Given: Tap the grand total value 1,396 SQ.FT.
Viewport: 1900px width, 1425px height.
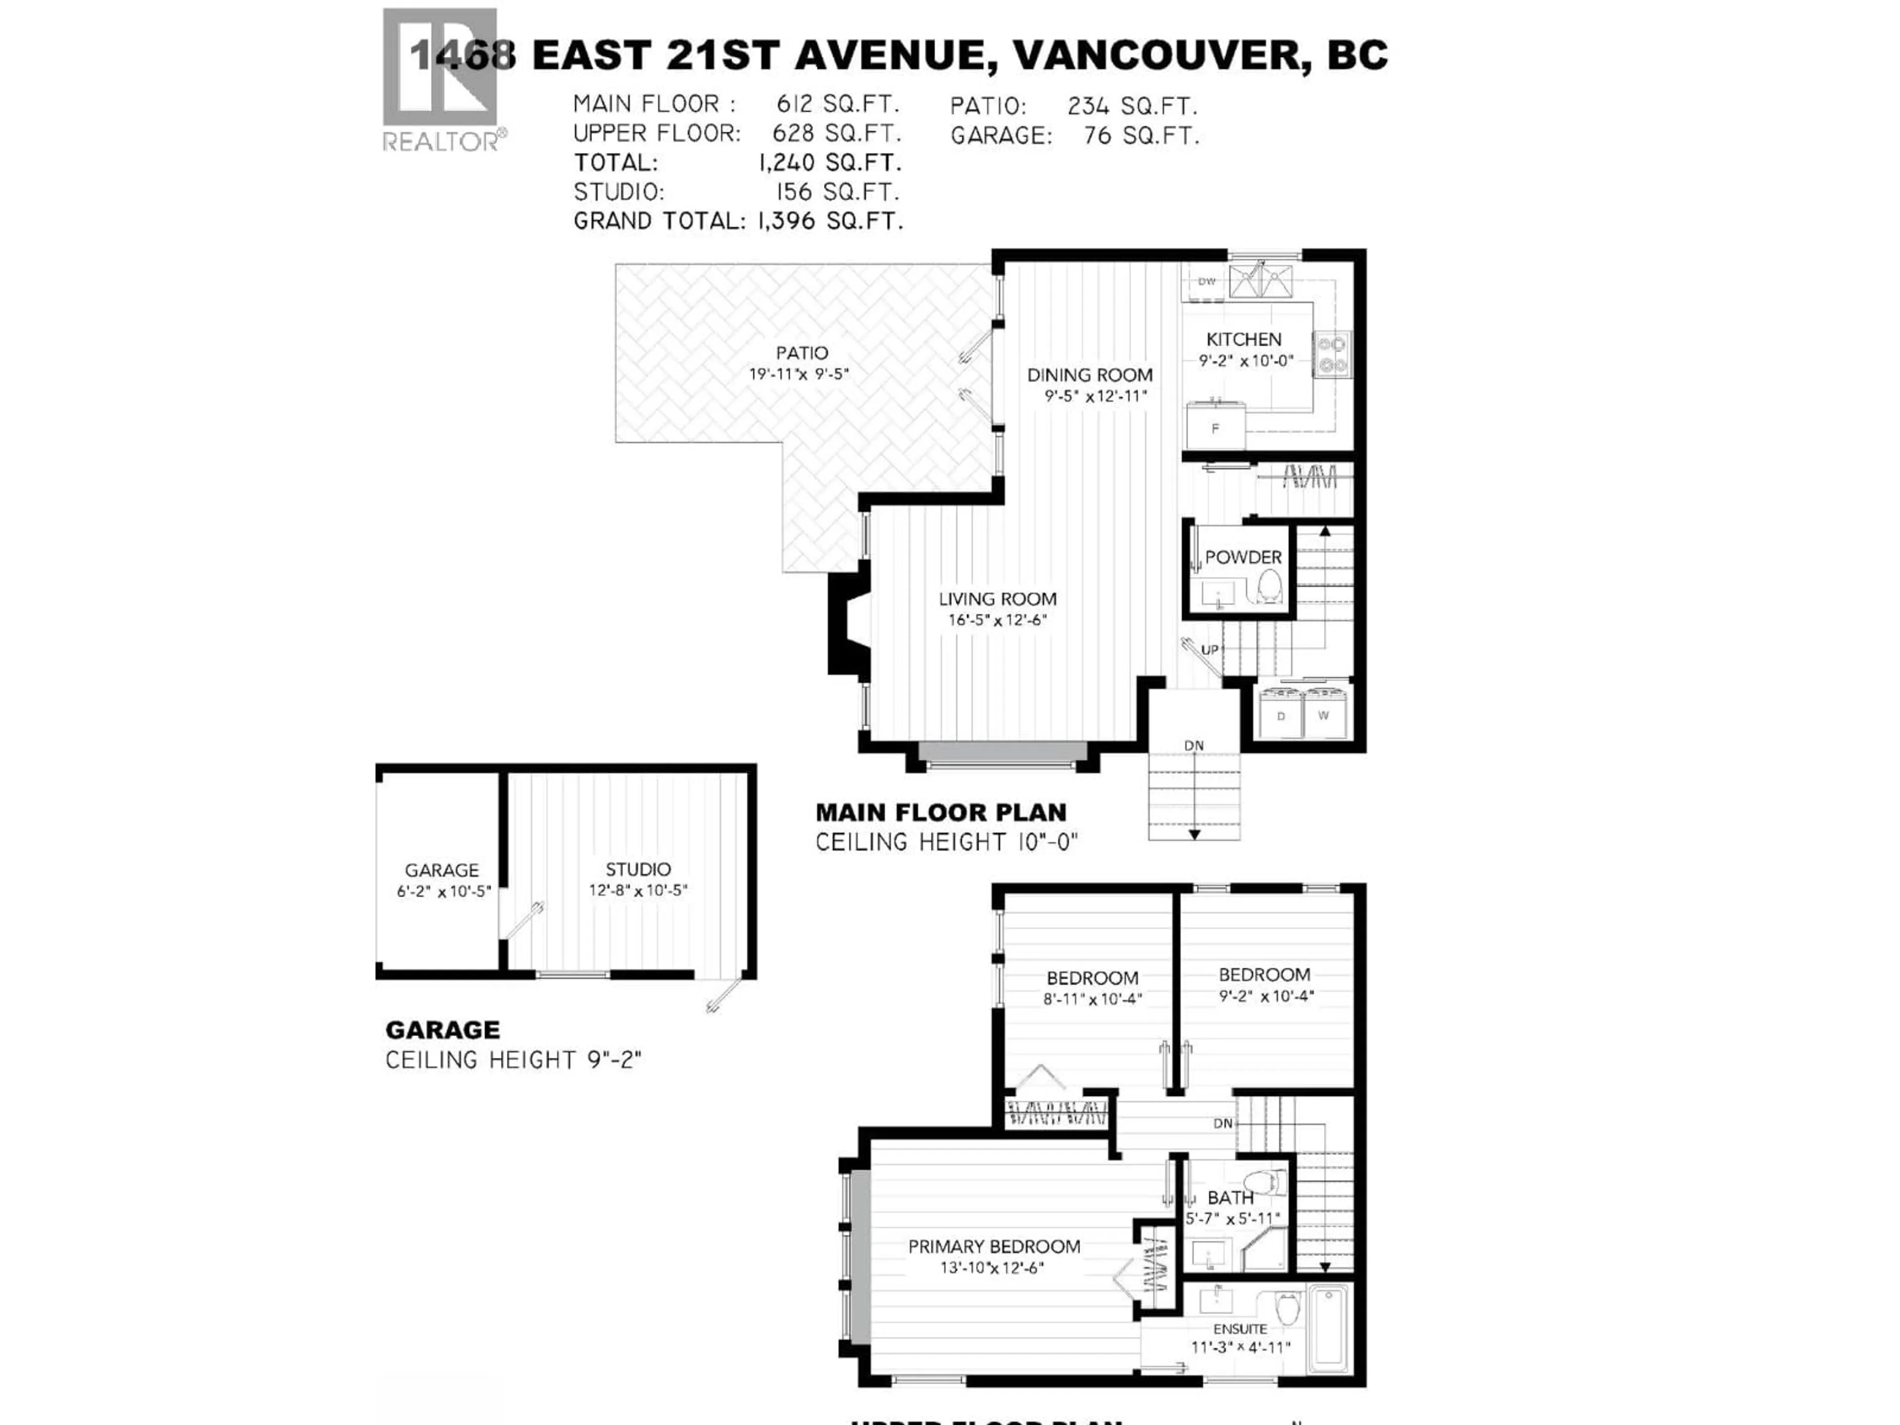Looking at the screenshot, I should click(830, 221).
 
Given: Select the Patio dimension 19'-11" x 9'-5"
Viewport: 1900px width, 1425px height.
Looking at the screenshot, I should click(799, 375).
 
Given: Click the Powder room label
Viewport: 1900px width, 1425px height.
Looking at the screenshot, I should click(1243, 557).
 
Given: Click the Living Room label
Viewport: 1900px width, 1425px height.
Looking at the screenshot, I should click(997, 599).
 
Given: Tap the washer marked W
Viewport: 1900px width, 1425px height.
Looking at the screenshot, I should click(1324, 714).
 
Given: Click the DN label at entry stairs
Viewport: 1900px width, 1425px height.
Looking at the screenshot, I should click(1194, 745).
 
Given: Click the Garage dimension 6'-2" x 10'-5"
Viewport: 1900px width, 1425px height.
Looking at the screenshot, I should click(443, 892).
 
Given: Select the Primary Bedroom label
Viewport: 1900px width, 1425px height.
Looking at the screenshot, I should click(994, 1246).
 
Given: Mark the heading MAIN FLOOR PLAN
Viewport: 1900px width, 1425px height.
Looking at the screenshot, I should click(941, 812).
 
